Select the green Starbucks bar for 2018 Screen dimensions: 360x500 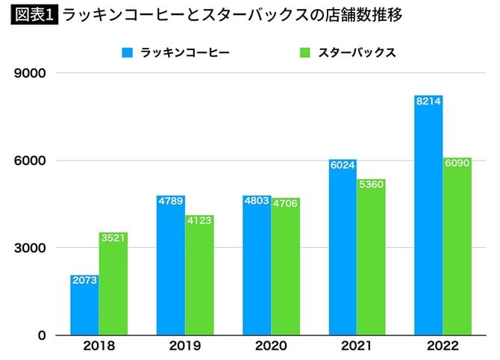pos(113,288)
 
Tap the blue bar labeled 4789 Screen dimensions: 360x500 pos(171,269)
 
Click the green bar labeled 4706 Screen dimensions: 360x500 pos(285,269)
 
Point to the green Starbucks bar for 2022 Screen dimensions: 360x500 pos(457,250)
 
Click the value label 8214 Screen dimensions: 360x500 pos(428,101)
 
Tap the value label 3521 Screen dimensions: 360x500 pos(113,238)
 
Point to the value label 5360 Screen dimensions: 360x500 pos(371,184)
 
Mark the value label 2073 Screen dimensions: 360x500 pos(84,280)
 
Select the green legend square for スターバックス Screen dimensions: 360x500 pos(304,53)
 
